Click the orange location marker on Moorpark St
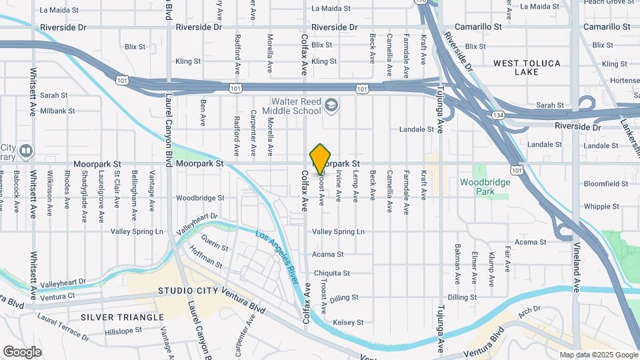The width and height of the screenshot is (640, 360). pyautogui.click(x=321, y=159)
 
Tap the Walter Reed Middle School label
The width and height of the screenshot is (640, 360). pyautogui.click(x=296, y=106)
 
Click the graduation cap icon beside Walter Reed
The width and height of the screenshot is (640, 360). pyautogui.click(x=331, y=105)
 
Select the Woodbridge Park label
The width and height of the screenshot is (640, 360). pyautogui.click(x=485, y=186)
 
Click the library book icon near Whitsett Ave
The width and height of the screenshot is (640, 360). pyautogui.click(x=25, y=150)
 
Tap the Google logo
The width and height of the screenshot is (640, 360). pyautogui.click(x=22, y=352)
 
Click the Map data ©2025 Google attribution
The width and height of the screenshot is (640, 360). pyautogui.click(x=598, y=355)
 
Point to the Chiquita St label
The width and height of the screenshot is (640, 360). pyautogui.click(x=331, y=273)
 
